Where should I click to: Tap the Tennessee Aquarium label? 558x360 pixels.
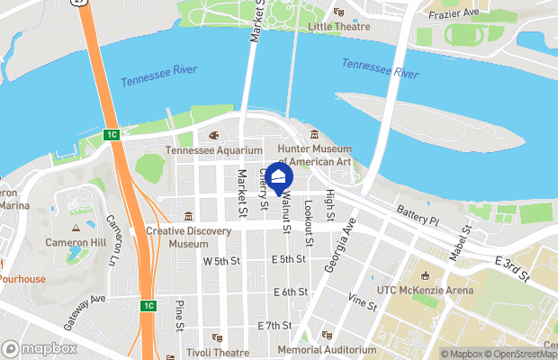click(213, 150)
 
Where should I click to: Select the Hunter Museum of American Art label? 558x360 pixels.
click(314, 155)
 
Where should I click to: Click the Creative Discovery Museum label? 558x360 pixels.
click(189, 238)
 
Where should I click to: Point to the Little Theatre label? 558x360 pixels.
click(339, 27)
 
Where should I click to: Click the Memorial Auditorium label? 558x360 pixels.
click(327, 349)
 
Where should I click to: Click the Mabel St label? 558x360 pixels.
click(467, 235)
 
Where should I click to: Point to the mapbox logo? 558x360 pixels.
click(38, 348)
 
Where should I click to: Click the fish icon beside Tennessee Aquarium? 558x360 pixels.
click(213, 136)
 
